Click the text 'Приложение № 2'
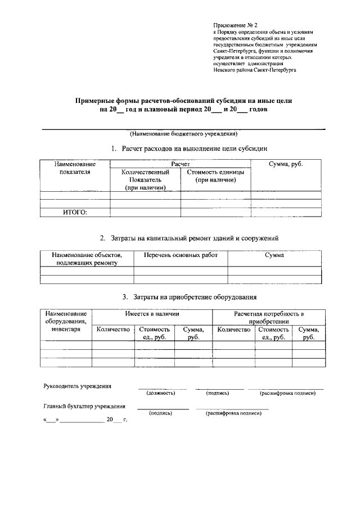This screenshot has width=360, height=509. [x=235, y=26]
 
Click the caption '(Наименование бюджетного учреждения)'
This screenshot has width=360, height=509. [x=183, y=134]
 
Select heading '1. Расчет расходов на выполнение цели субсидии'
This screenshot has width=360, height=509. [x=188, y=148]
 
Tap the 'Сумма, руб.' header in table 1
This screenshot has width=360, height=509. [x=287, y=164]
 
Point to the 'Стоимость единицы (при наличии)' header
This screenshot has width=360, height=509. [x=215, y=176]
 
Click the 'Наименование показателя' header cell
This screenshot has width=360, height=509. [x=74, y=168]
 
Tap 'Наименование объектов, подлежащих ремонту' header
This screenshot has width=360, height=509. [x=87, y=259]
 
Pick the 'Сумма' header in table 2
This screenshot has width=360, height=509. [x=274, y=255]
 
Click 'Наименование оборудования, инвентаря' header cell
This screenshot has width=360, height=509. [x=66, y=321]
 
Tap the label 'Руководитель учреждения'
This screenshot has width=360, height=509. [x=77, y=386]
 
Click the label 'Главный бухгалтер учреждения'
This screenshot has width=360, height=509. [x=84, y=406]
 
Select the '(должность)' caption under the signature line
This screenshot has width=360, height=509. [x=160, y=393]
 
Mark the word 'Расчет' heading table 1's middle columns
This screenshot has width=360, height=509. [x=180, y=164]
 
